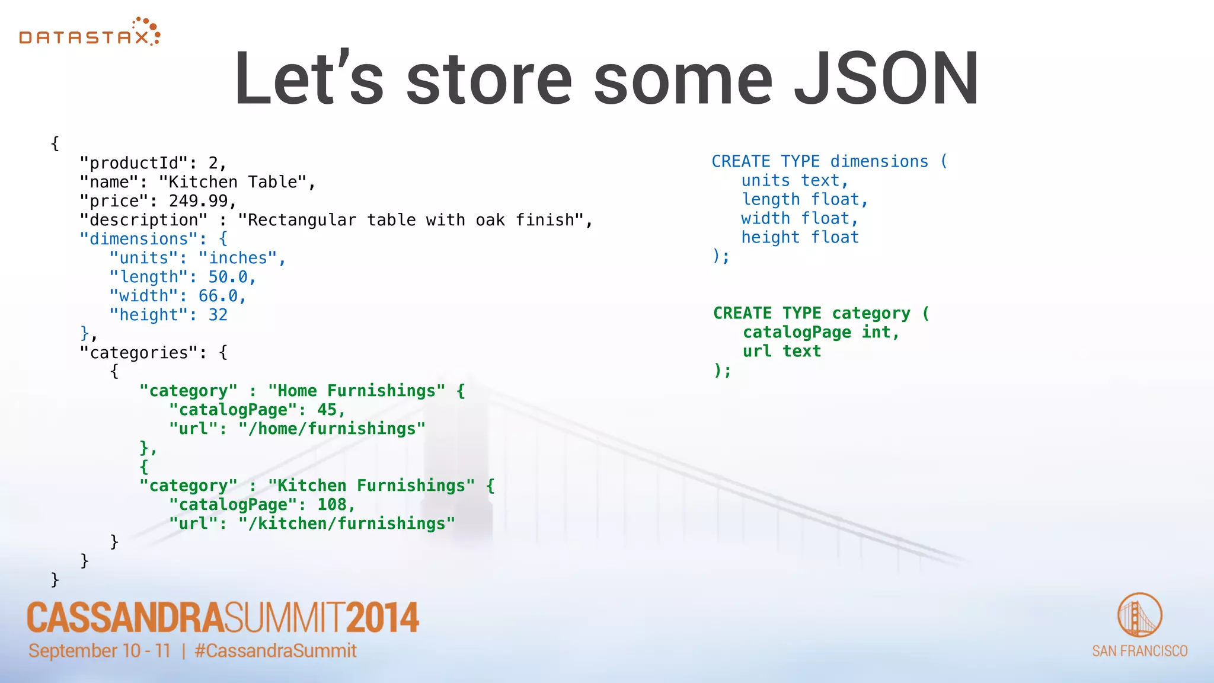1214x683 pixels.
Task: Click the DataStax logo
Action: [x=90, y=33]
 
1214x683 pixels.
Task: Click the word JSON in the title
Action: [x=886, y=79]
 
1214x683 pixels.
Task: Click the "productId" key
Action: [x=133, y=163]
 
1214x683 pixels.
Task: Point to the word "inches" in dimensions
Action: [x=238, y=258]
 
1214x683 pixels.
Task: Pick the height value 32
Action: [x=218, y=315]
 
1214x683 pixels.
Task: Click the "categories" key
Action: [x=139, y=353]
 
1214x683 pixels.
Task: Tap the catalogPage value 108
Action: [x=331, y=505]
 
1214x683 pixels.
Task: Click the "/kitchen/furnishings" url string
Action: [x=347, y=524]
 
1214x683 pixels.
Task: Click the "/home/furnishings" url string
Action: [x=332, y=429]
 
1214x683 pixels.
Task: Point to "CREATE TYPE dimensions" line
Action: [x=820, y=161]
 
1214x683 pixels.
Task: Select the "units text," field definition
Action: [x=794, y=180]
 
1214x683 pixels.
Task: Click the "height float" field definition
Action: [x=800, y=237]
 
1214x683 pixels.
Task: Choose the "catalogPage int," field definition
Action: [x=821, y=332]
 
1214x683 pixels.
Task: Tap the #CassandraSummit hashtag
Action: [x=276, y=651]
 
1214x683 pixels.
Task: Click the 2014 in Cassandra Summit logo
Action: [x=382, y=618]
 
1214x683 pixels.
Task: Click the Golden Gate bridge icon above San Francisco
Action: [x=1139, y=615]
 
